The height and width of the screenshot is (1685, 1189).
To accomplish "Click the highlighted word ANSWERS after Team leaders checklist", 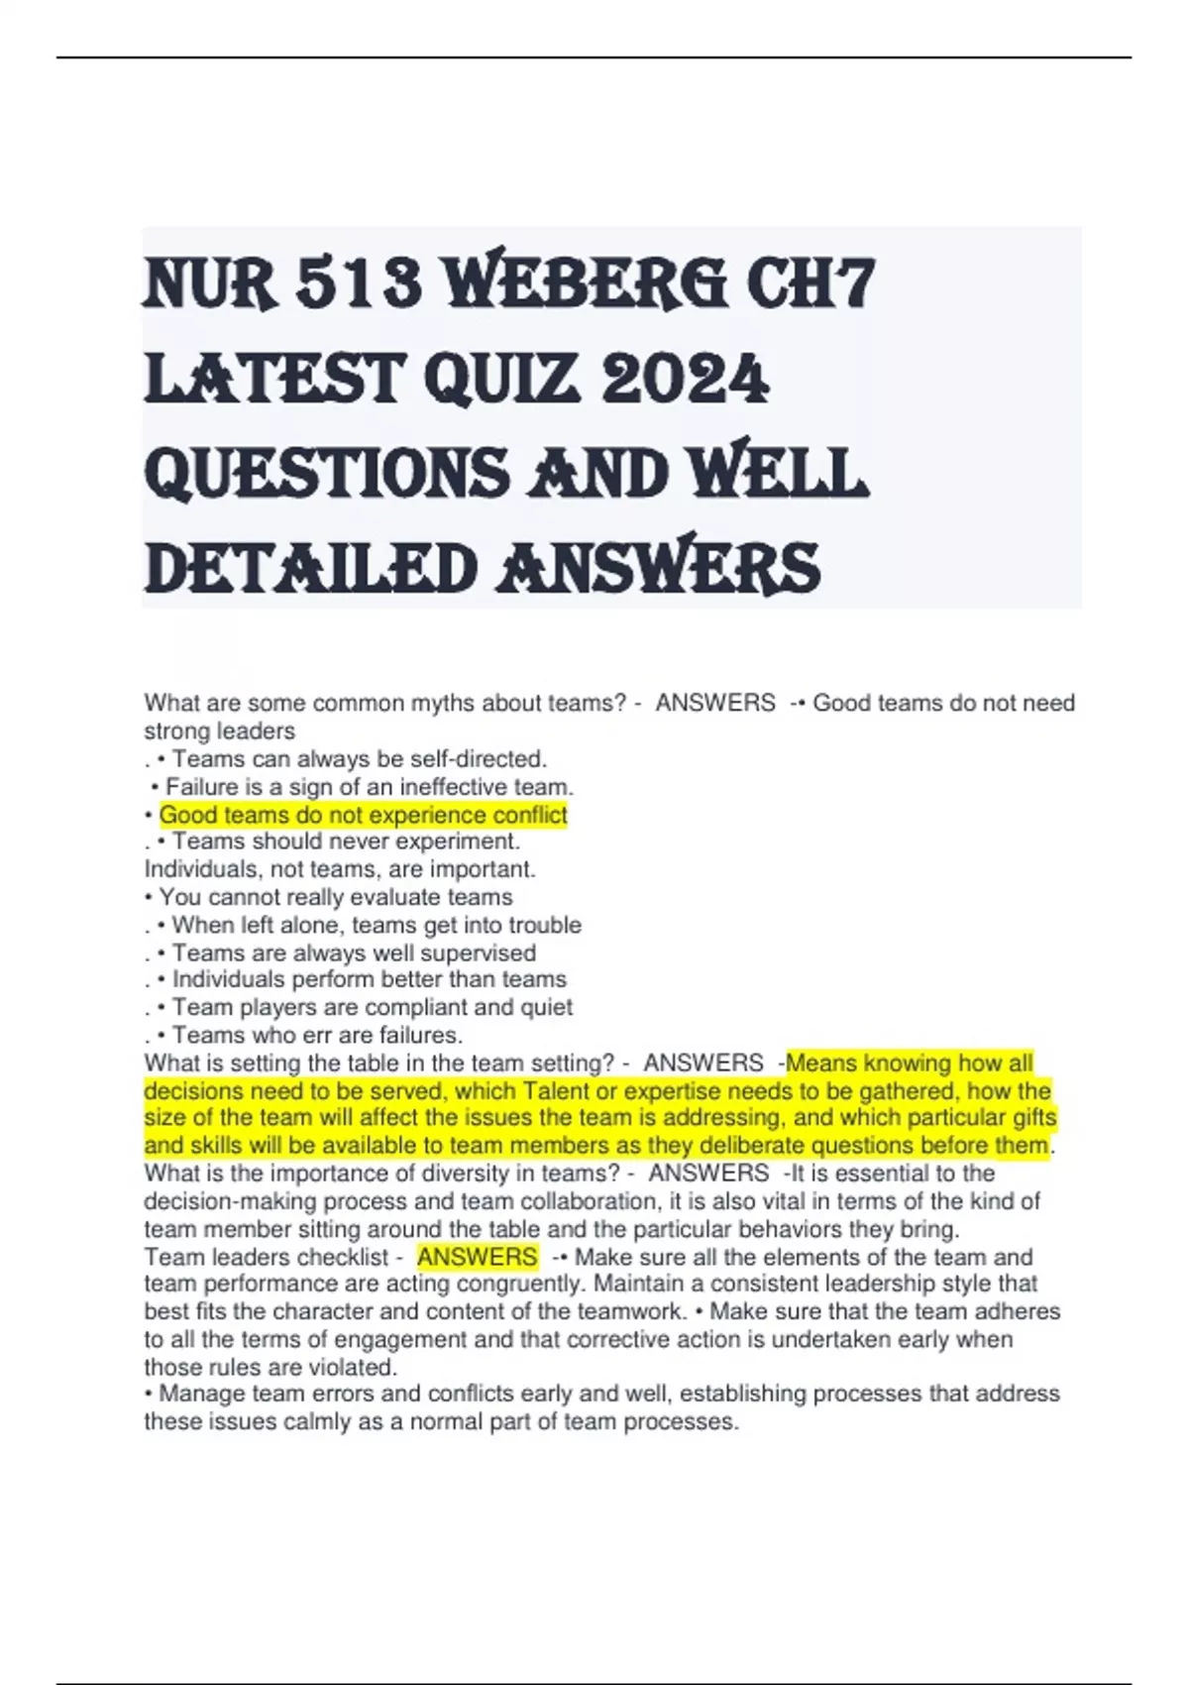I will (477, 1257).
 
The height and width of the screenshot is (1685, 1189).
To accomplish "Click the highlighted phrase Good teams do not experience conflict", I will (363, 815).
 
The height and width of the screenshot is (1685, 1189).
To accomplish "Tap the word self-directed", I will (485, 759).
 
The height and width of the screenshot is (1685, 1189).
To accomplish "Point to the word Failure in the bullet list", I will (202, 787).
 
